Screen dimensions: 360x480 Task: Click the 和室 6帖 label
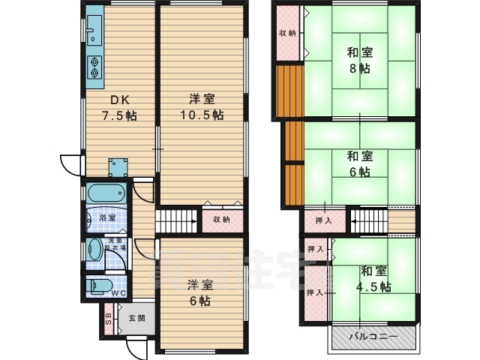tap(359, 164)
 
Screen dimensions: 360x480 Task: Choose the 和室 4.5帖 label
tap(373, 279)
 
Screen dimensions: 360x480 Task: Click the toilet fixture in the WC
tap(98, 285)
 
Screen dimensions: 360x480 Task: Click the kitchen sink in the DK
tap(93, 32)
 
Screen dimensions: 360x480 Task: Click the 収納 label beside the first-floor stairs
tap(220, 220)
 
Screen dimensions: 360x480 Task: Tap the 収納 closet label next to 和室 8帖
tap(287, 33)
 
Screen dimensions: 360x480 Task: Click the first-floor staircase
tap(177, 222)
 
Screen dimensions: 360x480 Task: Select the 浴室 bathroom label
tap(106, 217)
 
